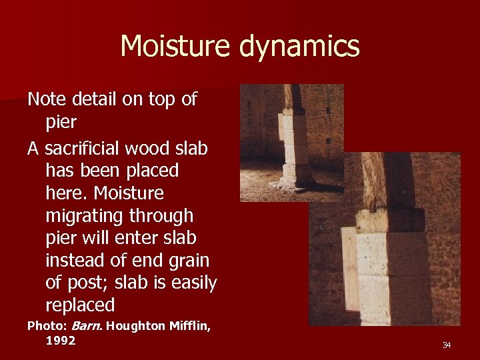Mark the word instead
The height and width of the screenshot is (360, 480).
(x=79, y=261)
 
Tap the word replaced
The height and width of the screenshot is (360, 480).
(x=80, y=305)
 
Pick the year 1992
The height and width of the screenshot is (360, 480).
(x=60, y=341)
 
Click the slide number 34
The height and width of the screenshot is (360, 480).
(x=446, y=345)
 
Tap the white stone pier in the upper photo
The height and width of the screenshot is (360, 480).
(x=293, y=147)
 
